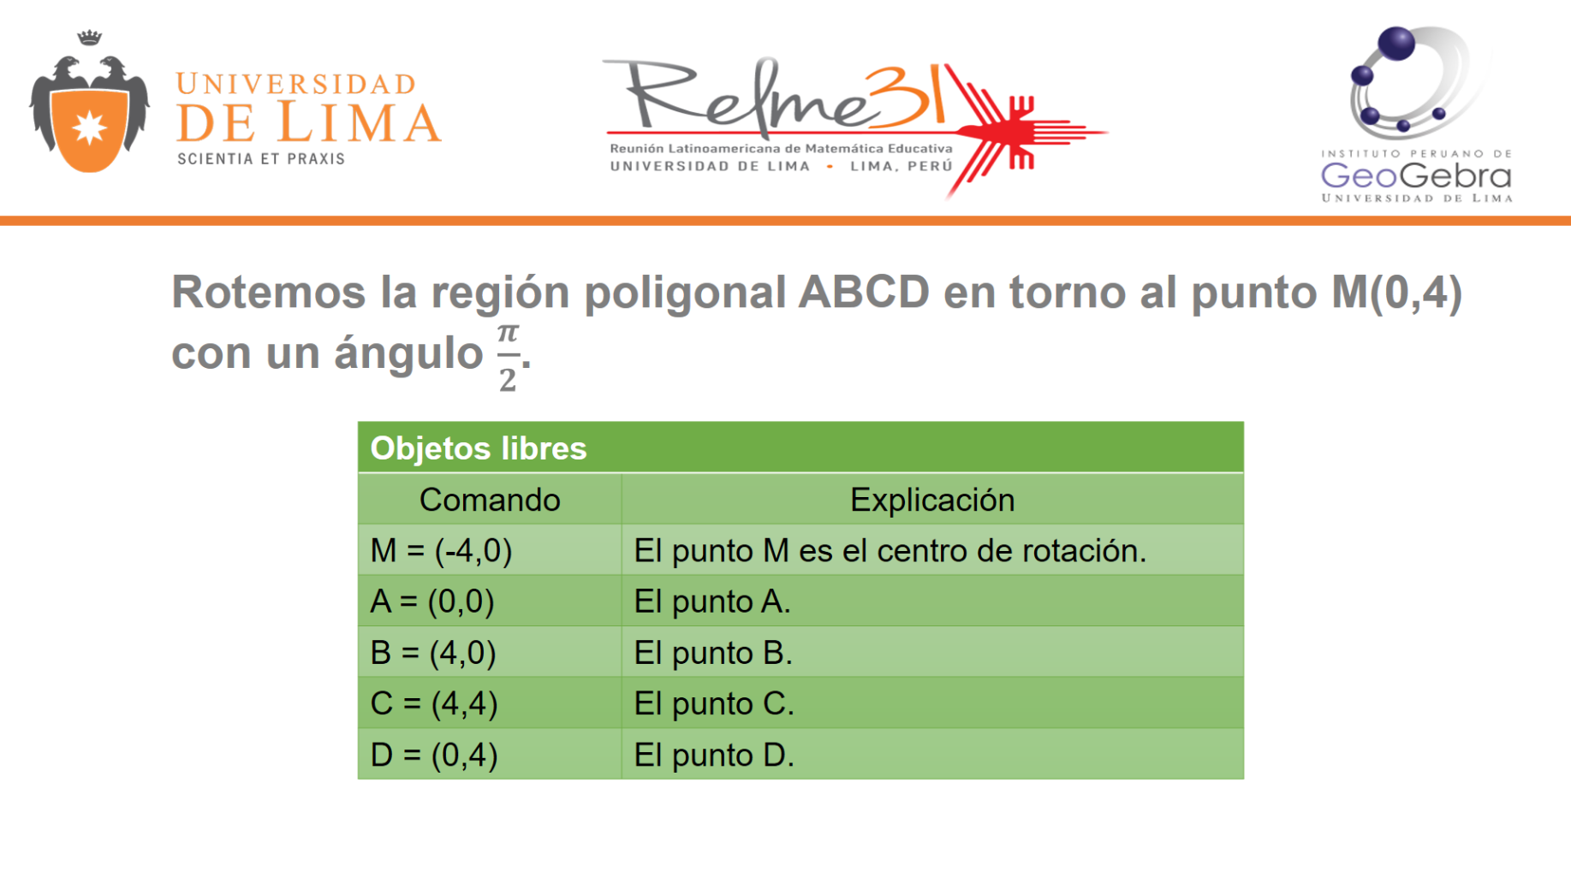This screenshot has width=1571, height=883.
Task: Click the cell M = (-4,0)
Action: pyautogui.click(x=441, y=551)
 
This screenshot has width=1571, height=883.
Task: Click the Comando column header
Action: pyautogui.click(x=490, y=500)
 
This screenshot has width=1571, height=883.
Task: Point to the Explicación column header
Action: pyautogui.click(x=932, y=500)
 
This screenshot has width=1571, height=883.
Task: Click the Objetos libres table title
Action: pyautogui.click(x=479, y=448)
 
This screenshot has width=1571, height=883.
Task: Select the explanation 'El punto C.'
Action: pyautogui.click(x=714, y=703)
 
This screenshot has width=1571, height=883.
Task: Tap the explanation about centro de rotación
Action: pyautogui.click(x=890, y=551)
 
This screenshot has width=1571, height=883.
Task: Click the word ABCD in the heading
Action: pyautogui.click(x=864, y=292)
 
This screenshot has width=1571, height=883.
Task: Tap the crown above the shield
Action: pyautogui.click(x=89, y=38)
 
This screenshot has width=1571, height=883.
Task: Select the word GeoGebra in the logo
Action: pyautogui.click(x=1416, y=176)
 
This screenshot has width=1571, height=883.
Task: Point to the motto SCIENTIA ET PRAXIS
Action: pyautogui.click(x=261, y=159)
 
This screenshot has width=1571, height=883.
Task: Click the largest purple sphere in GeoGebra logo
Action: pyautogui.click(x=1396, y=44)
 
